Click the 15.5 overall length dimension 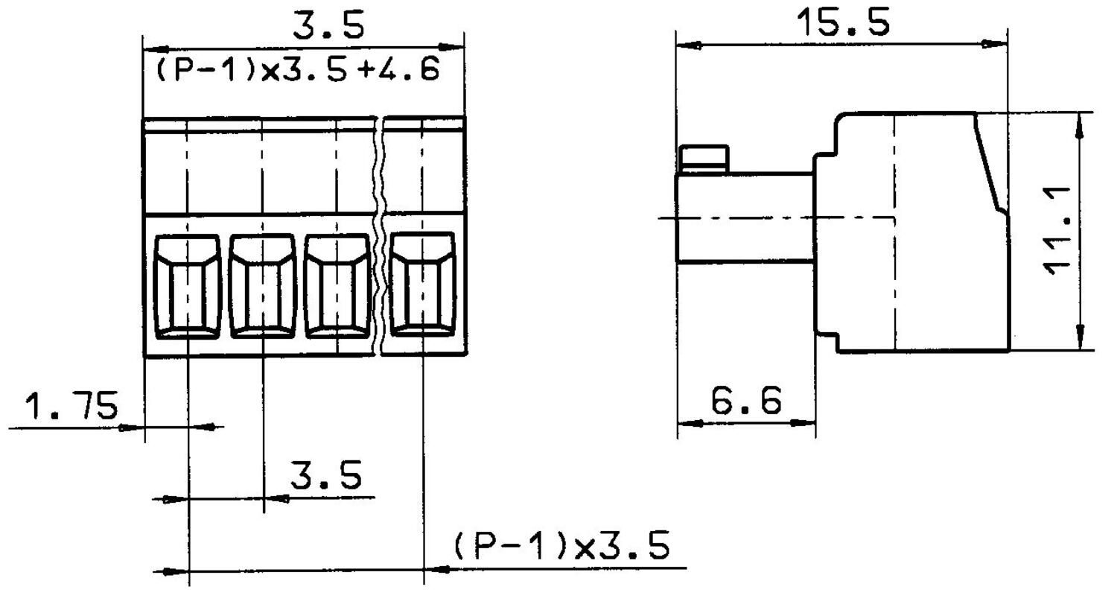point(843,22)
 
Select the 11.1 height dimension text point(1057,231)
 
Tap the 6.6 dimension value point(746,401)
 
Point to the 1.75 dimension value point(71,407)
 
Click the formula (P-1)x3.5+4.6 point(298,71)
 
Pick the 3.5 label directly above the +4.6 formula point(328,25)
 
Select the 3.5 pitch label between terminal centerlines point(325,474)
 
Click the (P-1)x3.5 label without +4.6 point(561,546)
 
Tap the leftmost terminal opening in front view point(188,287)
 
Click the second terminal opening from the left point(263,287)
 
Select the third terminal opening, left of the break point(337,287)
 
